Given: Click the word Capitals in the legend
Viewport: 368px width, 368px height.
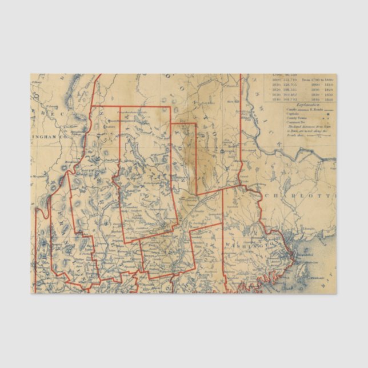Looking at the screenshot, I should (291, 114).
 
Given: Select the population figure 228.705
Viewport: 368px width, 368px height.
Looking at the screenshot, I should (290, 85).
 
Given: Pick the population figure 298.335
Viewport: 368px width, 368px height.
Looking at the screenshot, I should (290, 90).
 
